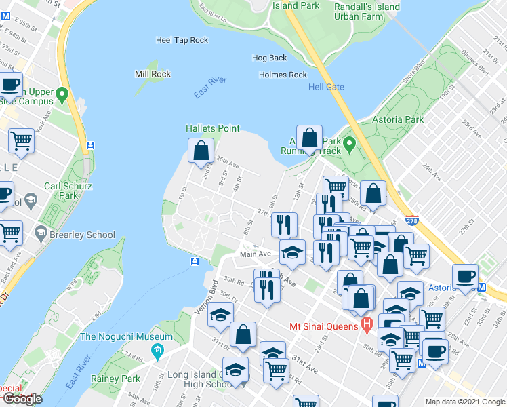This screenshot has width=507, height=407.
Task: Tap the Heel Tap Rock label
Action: (182, 40)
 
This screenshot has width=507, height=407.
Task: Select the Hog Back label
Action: (269, 58)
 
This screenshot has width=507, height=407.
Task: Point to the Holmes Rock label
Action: (283, 75)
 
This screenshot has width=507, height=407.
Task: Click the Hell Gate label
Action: (326, 87)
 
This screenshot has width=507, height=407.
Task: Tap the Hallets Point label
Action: (213, 128)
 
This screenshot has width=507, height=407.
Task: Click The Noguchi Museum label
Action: (127, 336)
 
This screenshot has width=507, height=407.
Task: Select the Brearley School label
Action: (84, 235)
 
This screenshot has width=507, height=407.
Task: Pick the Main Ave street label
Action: (256, 254)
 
